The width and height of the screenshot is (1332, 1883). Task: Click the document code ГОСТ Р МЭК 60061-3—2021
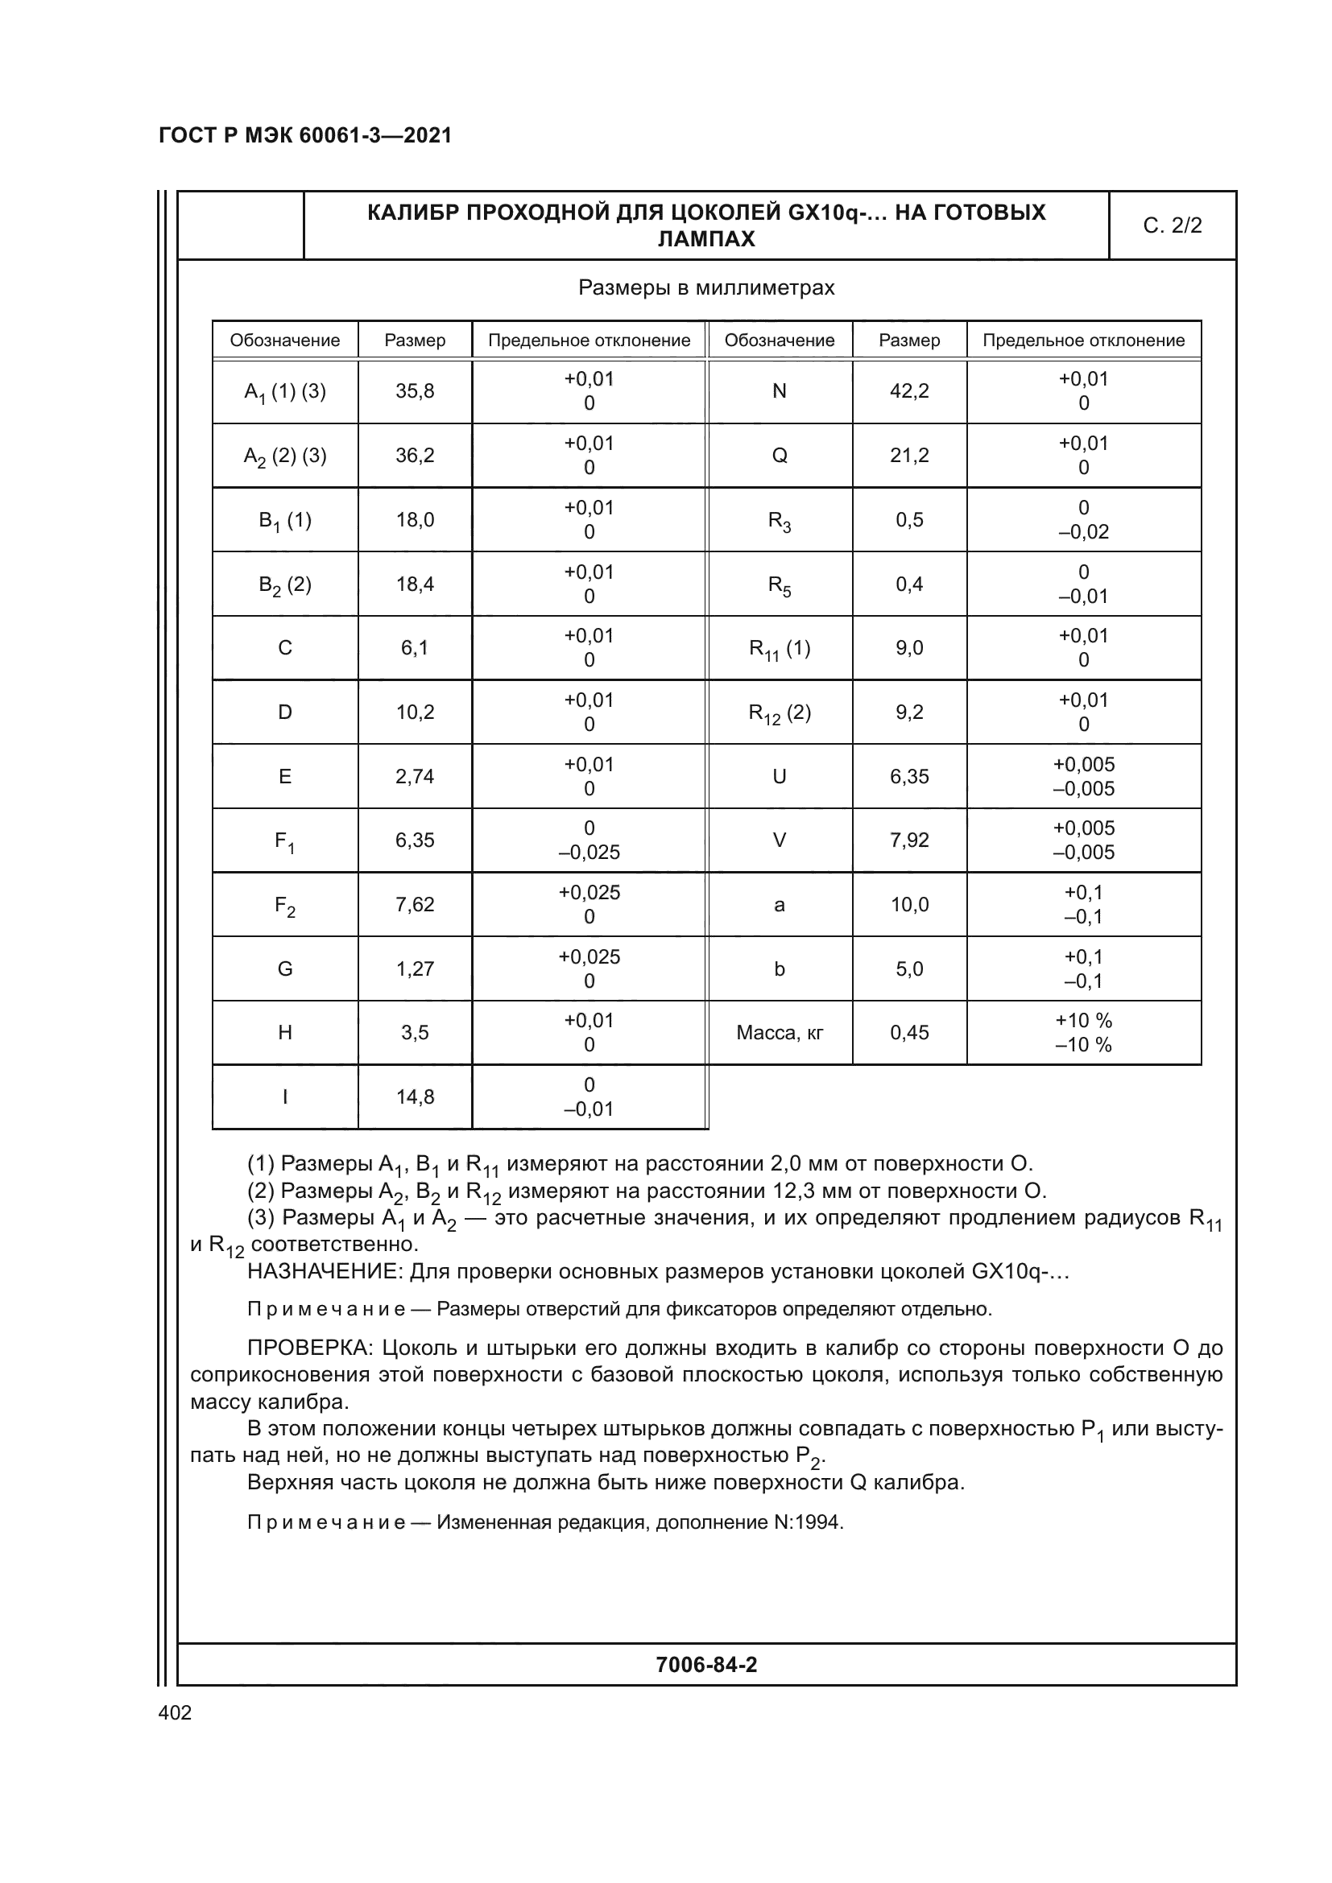click(x=305, y=135)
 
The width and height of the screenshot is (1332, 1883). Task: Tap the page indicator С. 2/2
click(x=1172, y=225)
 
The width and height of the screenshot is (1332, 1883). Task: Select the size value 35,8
click(x=415, y=391)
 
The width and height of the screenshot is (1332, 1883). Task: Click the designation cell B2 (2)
click(x=284, y=584)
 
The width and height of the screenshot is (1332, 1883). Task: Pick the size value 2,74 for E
click(x=415, y=777)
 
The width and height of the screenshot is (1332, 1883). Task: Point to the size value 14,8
click(x=415, y=1097)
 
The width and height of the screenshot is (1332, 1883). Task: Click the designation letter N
click(x=780, y=391)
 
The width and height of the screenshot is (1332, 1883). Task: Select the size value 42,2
click(x=909, y=391)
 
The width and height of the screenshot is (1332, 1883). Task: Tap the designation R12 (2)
click(x=780, y=712)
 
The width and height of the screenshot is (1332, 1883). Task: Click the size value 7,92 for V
click(x=909, y=840)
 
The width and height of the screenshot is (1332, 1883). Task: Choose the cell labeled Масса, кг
click(x=780, y=1034)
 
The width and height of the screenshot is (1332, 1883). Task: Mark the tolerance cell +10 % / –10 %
click(x=1083, y=1034)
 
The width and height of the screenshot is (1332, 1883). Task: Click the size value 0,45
click(x=909, y=1034)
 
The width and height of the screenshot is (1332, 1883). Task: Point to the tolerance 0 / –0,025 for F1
click(x=589, y=840)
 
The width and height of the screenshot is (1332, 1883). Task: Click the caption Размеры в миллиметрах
click(x=706, y=288)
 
